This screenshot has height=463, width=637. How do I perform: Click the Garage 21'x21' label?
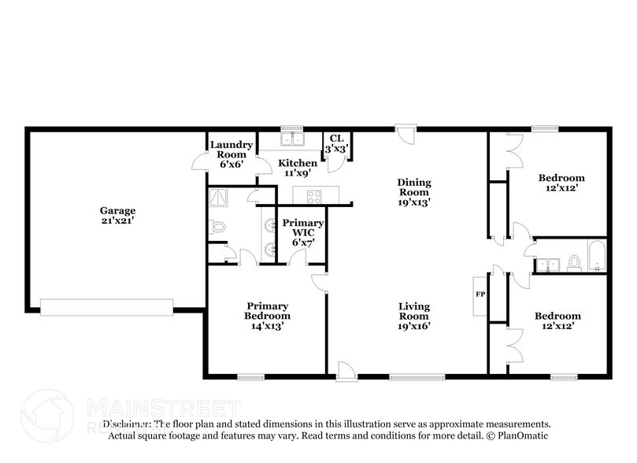click(x=117, y=216)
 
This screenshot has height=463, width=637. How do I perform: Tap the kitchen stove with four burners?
click(x=314, y=196)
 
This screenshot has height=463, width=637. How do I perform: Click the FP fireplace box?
click(x=480, y=294)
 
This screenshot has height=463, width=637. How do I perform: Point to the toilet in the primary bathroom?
click(x=217, y=227)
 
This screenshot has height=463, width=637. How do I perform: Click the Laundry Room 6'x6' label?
click(x=230, y=154)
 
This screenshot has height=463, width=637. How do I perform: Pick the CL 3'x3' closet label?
click(x=336, y=143)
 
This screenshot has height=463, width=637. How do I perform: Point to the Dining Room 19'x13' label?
click(x=413, y=192)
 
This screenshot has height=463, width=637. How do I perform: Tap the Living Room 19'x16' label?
click(x=413, y=316)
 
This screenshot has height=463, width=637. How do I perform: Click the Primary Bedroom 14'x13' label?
click(x=268, y=316)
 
